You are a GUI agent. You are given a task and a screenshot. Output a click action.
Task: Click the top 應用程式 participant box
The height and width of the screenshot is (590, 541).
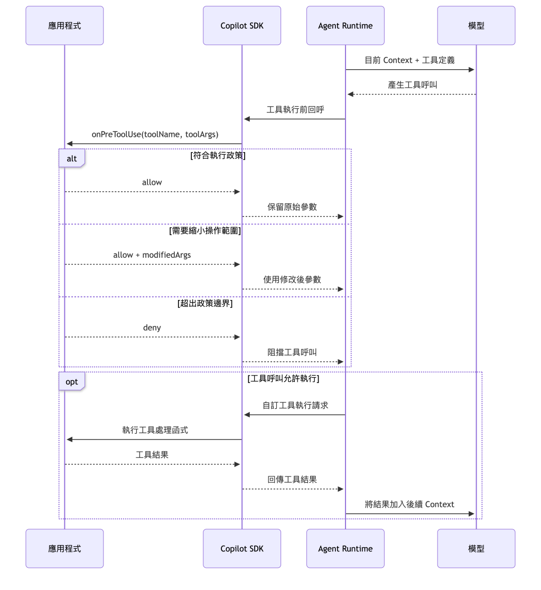pyautogui.click(x=64, y=25)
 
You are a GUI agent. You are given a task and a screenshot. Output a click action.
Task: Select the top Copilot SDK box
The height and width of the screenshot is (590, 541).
pyautogui.click(x=241, y=25)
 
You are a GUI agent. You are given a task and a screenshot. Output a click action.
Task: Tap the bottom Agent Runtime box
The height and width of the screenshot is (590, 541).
pyautogui.click(x=345, y=548)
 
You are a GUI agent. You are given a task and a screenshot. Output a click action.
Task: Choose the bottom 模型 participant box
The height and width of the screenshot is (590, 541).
pyautogui.click(x=476, y=548)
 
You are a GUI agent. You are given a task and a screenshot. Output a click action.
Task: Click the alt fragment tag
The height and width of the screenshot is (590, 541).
pyautogui.click(x=71, y=158)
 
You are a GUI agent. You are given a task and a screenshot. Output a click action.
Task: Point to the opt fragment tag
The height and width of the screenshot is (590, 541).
pyautogui.click(x=71, y=381)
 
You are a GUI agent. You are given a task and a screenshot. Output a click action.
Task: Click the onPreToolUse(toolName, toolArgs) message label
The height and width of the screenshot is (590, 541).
pyautogui.click(x=155, y=134)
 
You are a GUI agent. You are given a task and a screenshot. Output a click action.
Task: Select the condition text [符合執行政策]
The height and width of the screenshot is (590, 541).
pyautogui.click(x=218, y=155)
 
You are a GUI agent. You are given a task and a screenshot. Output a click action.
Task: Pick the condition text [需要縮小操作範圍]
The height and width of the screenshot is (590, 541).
pyautogui.click(x=205, y=231)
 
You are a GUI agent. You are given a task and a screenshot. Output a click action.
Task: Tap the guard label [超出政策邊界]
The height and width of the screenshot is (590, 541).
pyautogui.click(x=205, y=303)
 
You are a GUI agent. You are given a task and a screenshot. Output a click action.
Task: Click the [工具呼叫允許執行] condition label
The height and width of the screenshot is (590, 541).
pyautogui.click(x=284, y=379)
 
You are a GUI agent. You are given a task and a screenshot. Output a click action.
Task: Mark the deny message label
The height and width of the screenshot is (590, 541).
pyautogui.click(x=152, y=327)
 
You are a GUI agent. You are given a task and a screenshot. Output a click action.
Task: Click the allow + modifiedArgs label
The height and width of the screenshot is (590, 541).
pyautogui.click(x=152, y=255)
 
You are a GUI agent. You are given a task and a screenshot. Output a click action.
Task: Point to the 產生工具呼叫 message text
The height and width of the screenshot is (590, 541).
pyautogui.click(x=413, y=85)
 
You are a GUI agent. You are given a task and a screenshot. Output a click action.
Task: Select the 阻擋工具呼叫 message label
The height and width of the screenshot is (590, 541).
pyautogui.click(x=292, y=352)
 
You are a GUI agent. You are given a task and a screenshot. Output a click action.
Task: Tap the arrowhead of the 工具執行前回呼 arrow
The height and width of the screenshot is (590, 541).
pyautogui.click(x=247, y=119)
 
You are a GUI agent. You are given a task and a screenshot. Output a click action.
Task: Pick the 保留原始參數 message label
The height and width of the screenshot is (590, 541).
pyautogui.click(x=292, y=207)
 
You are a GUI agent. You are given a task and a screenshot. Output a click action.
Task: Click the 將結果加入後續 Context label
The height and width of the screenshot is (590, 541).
pyautogui.click(x=409, y=504)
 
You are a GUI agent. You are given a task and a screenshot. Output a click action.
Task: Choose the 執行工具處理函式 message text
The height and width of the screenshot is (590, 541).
pyautogui.click(x=155, y=430)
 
